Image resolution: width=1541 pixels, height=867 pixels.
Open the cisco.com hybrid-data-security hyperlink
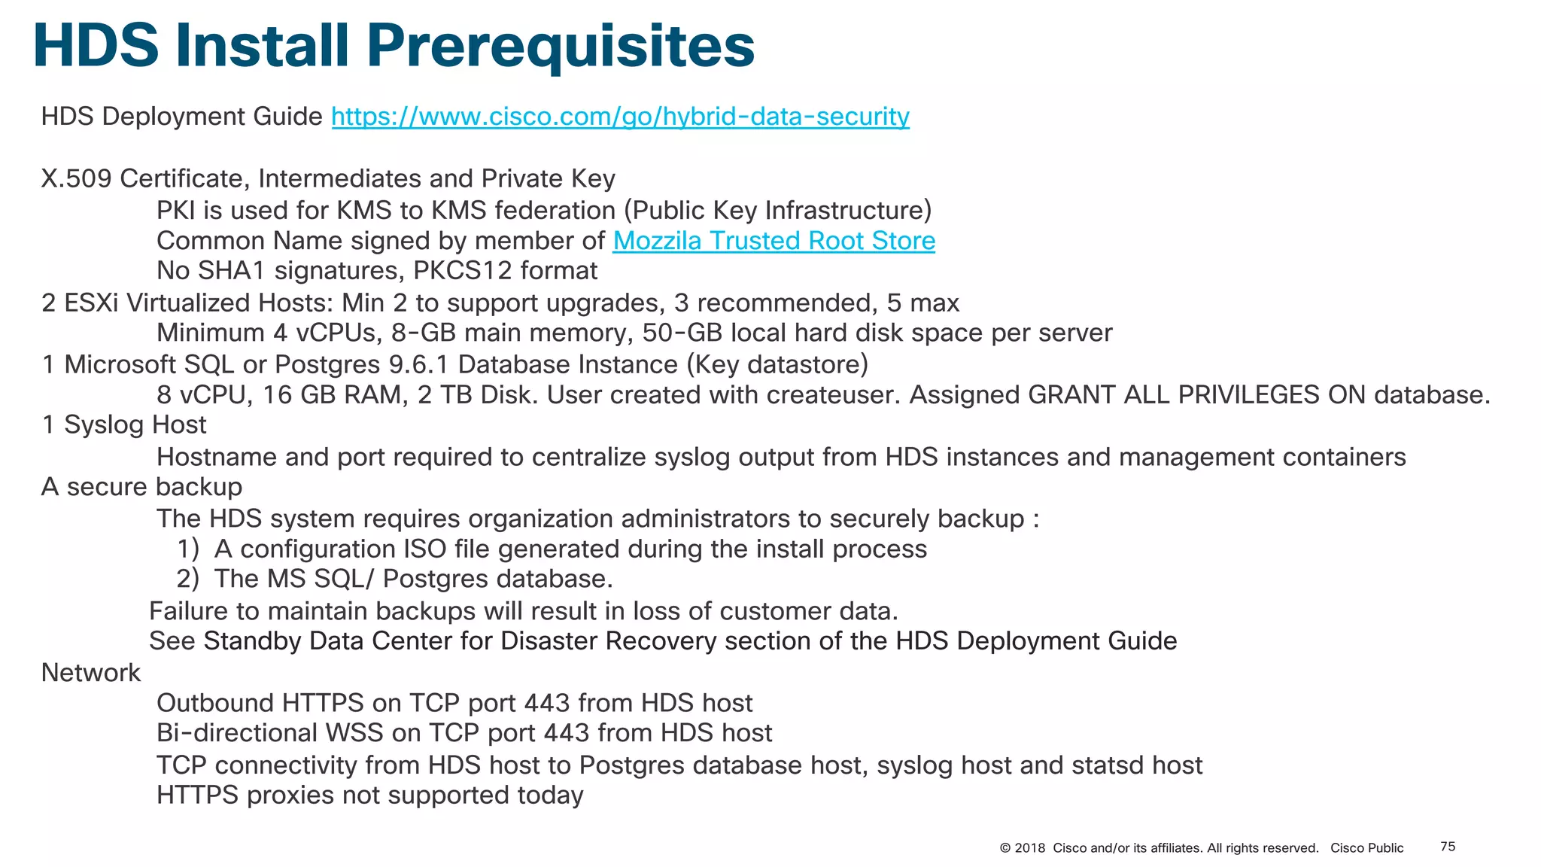(x=620, y=117)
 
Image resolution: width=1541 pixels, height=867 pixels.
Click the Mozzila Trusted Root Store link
(x=774, y=241)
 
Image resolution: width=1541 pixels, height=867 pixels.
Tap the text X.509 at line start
(x=76, y=179)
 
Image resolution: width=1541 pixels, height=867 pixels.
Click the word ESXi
(x=91, y=303)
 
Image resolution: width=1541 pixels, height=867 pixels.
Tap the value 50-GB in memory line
(x=682, y=333)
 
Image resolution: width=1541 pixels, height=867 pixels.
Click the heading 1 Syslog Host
(x=124, y=425)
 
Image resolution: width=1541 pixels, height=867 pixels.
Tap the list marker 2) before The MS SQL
(x=187, y=580)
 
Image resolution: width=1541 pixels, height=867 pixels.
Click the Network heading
(x=90, y=673)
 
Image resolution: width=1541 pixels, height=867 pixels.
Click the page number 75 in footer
(x=1447, y=847)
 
